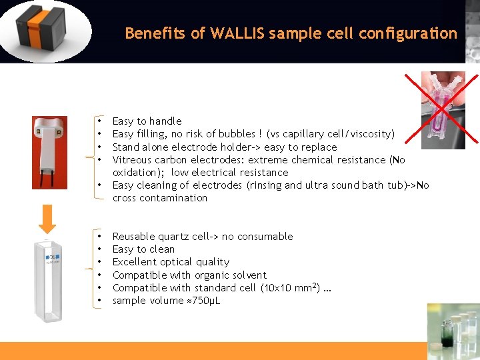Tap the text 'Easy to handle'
coord(147,121)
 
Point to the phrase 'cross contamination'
coord(160,198)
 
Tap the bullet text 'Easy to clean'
coord(143,249)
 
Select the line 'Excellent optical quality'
coord(171,262)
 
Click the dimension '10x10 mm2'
coord(289,287)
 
